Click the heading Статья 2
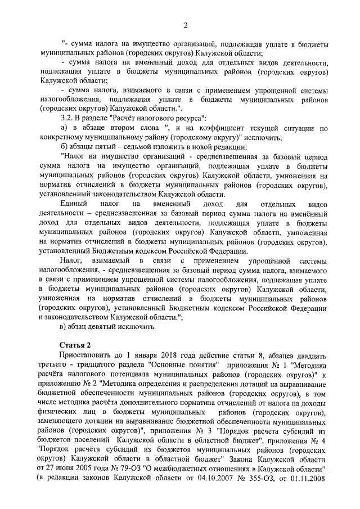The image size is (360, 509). pos(75,344)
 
